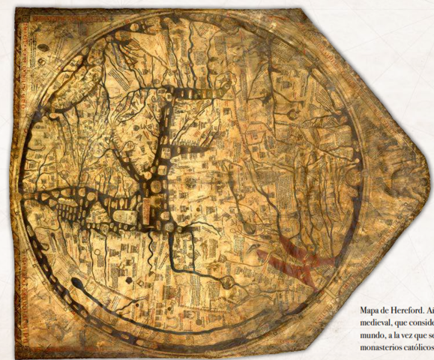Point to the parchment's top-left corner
coord(16,9)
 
